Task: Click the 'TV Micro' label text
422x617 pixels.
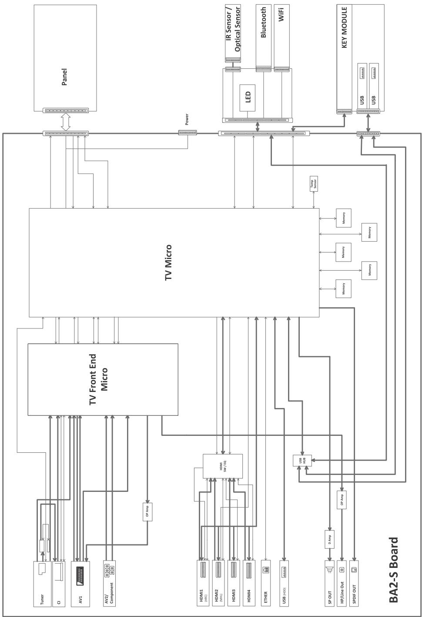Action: [168, 262]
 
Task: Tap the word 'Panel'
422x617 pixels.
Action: [64, 76]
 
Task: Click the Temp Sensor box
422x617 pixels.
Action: [313, 182]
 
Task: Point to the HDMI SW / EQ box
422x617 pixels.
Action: [223, 466]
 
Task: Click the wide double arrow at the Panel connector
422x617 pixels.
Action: [65, 122]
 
